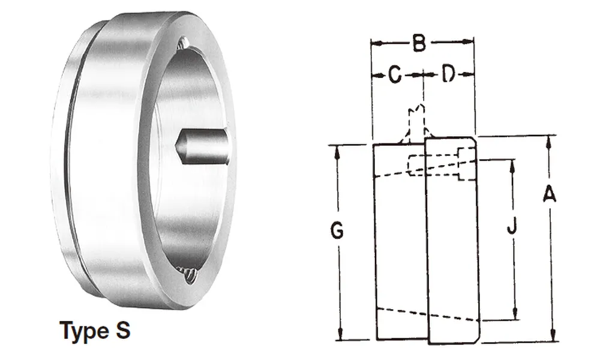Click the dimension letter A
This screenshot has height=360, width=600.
[549, 194]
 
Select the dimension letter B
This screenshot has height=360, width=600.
[419, 43]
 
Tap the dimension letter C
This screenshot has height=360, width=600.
[394, 75]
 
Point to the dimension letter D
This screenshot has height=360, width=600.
[449, 75]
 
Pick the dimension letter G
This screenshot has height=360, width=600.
[337, 230]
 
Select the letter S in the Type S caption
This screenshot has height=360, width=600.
[122, 331]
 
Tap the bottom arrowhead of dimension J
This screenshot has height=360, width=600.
[514, 315]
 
